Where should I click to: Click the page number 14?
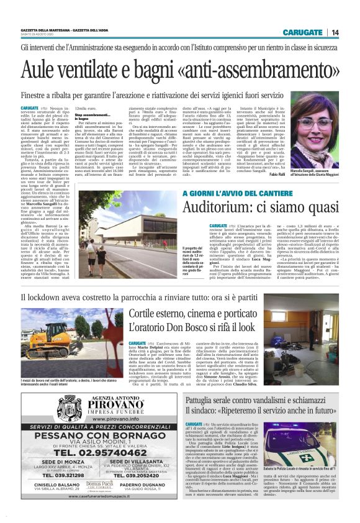(x=335, y=32)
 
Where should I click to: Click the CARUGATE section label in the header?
(x=302, y=32)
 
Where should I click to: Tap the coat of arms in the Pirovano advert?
(x=69, y=407)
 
